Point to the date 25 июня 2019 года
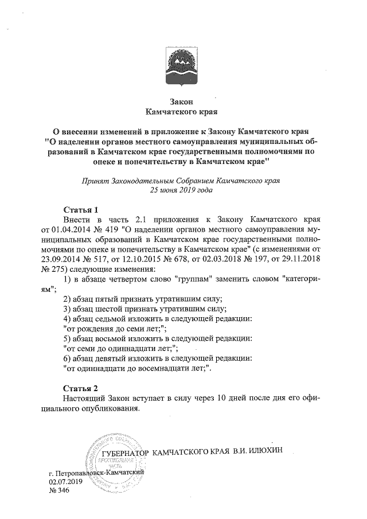click(x=182, y=190)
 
